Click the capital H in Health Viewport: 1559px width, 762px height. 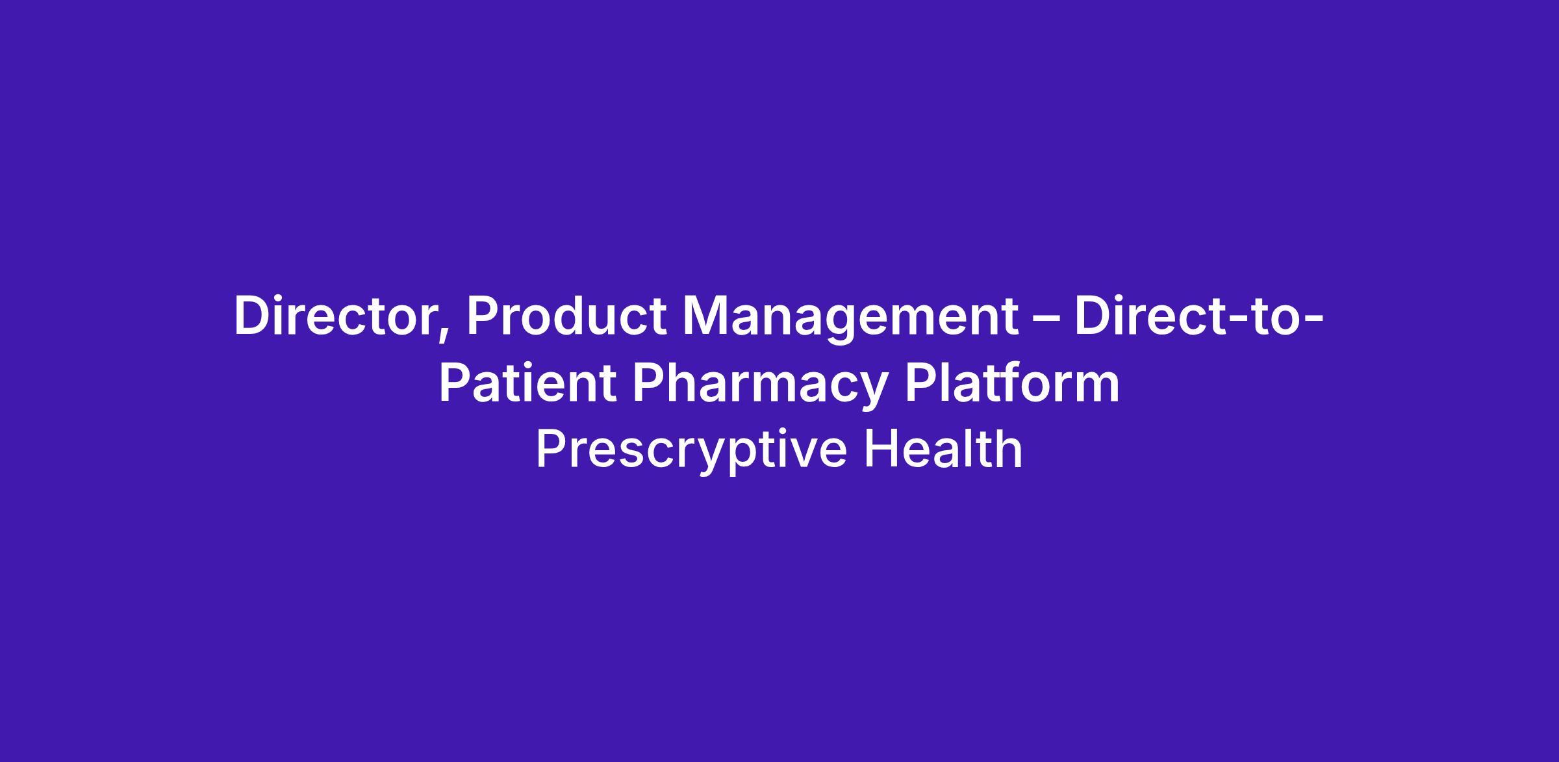pyautogui.click(x=880, y=449)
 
